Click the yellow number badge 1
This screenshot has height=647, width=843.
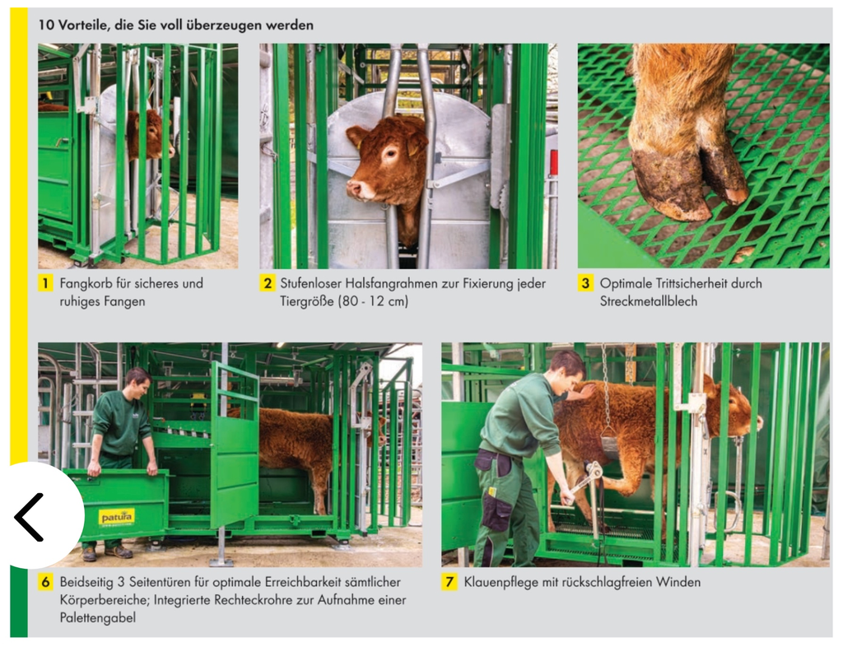pos(45,283)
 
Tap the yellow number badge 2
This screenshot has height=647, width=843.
pos(268,283)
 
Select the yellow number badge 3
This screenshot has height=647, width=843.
pos(585,283)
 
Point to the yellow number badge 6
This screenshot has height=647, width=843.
pos(45,582)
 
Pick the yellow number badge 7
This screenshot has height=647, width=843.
pos(449,582)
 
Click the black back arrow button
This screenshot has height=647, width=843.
pos(29,517)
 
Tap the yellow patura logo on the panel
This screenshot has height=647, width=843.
pos(116,518)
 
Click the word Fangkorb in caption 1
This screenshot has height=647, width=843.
pos(86,284)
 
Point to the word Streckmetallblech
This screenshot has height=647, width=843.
pos(649,301)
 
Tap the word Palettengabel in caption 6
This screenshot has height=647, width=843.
pos(97,618)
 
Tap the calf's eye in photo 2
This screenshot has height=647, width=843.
pos(389,154)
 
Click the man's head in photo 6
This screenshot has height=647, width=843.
pos(138,383)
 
